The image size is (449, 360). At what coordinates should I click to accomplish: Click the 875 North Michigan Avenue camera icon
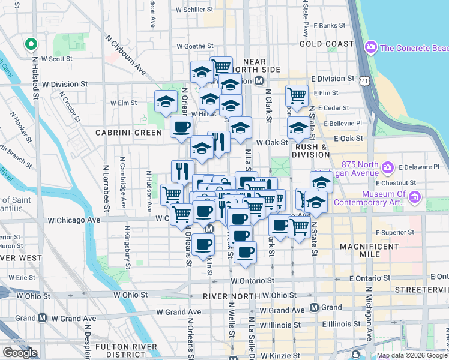point(388,167)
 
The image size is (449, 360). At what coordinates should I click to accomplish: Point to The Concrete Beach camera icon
point(370,47)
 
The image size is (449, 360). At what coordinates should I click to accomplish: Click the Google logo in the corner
point(20,353)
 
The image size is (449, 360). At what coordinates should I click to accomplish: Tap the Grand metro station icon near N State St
point(314,308)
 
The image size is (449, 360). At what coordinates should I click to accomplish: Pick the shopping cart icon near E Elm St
point(297,94)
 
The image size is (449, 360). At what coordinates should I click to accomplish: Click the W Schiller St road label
point(194,10)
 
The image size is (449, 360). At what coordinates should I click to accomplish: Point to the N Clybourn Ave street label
point(126,58)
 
